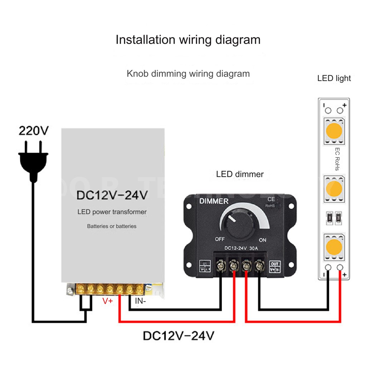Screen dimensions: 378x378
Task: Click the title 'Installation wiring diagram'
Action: pos(188,39)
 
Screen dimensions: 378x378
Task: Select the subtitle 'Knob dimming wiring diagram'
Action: pos(188,74)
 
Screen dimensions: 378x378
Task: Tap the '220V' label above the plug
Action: pos(33,131)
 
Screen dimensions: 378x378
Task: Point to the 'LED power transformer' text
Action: pos(112,212)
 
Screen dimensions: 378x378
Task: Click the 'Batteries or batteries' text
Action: pos(112,226)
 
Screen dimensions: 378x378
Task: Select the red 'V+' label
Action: pos(108,301)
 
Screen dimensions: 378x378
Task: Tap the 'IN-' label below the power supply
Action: pos(140,301)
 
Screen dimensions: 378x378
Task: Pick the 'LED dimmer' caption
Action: pos(240,174)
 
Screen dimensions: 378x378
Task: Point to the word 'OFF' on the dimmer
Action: pos(219,239)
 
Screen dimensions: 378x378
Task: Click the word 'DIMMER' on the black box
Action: pos(213,202)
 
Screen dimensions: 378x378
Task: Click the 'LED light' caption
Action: pos(334,78)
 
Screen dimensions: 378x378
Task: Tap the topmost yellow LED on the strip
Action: pos(334,131)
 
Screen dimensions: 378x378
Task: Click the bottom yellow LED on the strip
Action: pos(334,246)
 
